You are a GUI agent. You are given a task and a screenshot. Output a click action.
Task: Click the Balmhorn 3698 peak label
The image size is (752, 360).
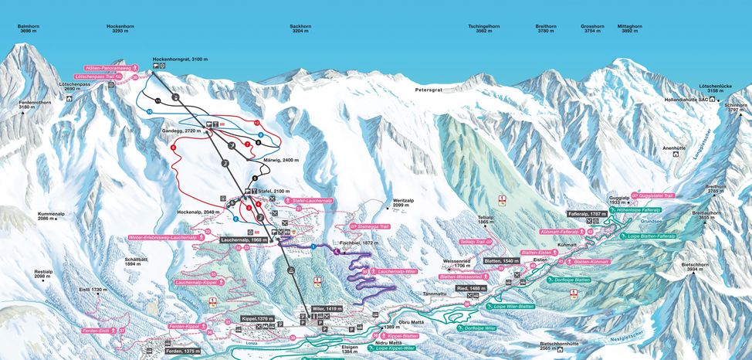29,29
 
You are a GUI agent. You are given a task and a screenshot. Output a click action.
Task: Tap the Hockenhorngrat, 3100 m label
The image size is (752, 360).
181,59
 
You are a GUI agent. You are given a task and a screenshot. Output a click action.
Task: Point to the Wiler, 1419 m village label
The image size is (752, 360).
327,308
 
